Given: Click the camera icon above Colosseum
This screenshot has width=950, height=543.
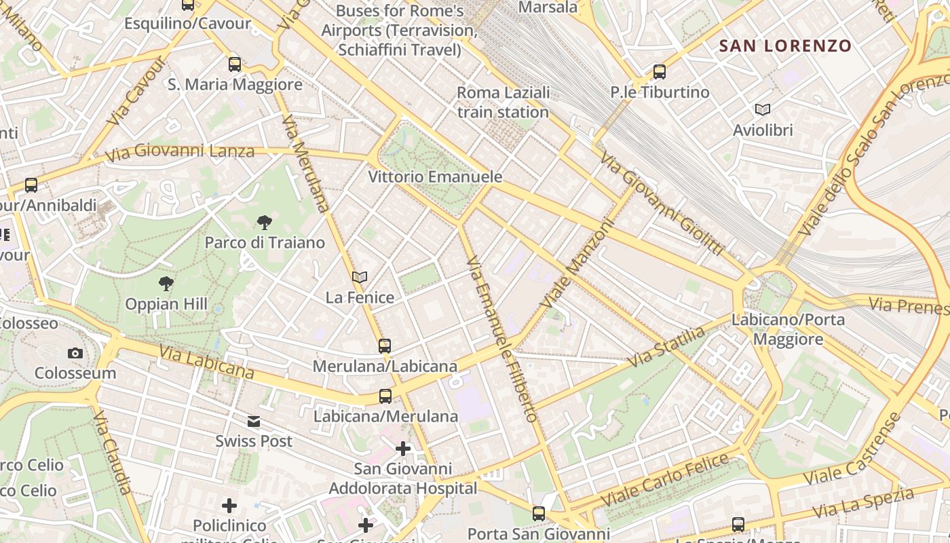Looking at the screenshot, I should tap(75, 353).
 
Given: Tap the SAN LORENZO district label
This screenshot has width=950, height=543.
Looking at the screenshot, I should tap(785, 46).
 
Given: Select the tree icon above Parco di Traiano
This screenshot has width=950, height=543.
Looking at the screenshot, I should tap(265, 222).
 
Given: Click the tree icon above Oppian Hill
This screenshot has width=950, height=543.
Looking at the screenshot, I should tap(166, 284).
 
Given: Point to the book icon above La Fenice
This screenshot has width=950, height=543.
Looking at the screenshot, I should tap(360, 277).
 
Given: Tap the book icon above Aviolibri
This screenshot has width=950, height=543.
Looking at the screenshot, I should tap(763, 109).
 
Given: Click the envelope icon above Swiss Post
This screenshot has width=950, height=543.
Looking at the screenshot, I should tap(254, 422).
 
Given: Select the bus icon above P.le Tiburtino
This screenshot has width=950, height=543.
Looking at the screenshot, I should tap(659, 71).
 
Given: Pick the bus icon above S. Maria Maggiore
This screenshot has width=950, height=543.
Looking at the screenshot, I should tap(235, 64).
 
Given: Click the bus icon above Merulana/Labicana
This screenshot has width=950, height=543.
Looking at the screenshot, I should tap(385, 346).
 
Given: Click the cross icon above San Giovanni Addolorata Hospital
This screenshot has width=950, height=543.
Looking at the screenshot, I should tap(403, 449).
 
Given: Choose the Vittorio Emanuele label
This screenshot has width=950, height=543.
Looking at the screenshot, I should tap(435, 177).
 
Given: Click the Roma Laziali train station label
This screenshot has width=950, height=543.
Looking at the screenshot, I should tap(503, 102).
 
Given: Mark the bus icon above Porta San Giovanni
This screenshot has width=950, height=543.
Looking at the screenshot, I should tap(539, 514).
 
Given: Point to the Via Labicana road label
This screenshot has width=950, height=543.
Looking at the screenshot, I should tap(206, 362).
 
